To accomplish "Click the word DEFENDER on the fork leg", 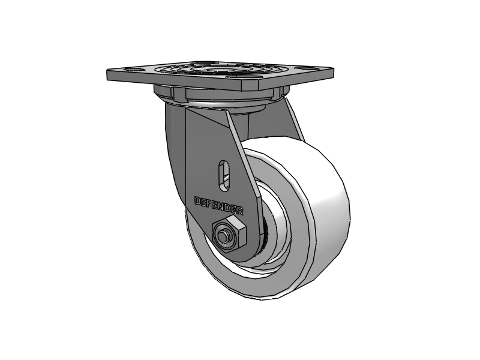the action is (x=219, y=205).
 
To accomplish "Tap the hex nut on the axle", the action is (x=229, y=234).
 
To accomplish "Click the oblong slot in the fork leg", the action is (x=224, y=176).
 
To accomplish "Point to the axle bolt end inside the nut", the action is (x=222, y=236).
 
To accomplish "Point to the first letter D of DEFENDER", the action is (x=198, y=201).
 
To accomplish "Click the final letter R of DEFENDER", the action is (x=241, y=211).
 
